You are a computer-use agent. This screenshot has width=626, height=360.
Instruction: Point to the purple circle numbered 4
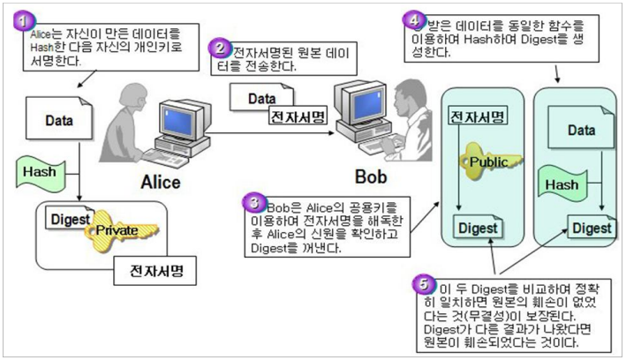pyautogui.click(x=411, y=18)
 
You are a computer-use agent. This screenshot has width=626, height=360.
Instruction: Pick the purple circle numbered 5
pyautogui.click(x=425, y=284)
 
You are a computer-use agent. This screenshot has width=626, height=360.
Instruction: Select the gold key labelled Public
pyautogui.click(x=488, y=163)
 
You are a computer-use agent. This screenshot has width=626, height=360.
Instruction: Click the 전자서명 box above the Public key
pyautogui.click(x=476, y=117)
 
